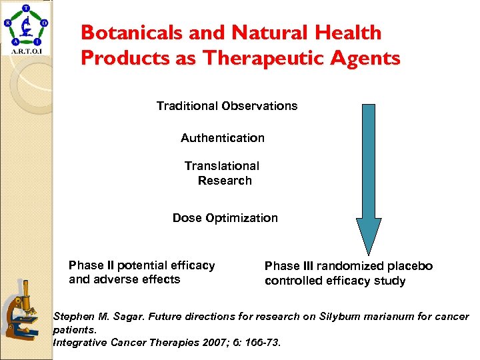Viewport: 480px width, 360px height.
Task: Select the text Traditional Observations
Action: coord(227,106)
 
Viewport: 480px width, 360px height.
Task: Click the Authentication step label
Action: coord(223,138)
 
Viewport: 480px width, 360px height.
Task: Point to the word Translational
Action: coord(222,166)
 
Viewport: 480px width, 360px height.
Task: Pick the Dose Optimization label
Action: coord(225,218)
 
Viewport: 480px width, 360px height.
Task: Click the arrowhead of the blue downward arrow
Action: coord(369,236)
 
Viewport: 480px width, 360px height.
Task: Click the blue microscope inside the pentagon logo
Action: coord(27,28)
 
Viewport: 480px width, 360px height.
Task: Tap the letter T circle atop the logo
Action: coord(26,9)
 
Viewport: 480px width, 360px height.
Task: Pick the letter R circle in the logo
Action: coord(8,22)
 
